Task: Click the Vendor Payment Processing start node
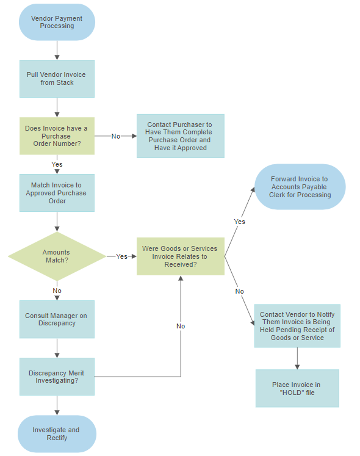point(57,23)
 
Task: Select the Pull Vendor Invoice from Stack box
point(57,79)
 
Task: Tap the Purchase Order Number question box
point(57,136)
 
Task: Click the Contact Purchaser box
point(180,136)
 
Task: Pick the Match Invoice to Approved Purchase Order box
point(57,193)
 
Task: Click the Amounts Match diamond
point(57,256)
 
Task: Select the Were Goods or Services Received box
point(180,256)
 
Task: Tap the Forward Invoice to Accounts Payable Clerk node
point(300,187)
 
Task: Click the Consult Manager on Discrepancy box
point(57,319)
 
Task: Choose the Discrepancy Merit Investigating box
point(57,377)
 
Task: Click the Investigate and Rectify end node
point(57,434)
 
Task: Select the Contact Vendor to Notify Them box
point(297,326)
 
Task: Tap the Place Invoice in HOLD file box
point(297,389)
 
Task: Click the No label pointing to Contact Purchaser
point(116,136)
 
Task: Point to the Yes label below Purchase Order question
point(57,164)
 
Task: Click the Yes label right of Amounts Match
point(122,256)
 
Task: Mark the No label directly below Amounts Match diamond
point(57,291)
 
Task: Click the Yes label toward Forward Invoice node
point(240,222)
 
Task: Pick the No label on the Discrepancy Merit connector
point(181,326)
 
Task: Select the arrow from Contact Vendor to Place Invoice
point(297,358)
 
